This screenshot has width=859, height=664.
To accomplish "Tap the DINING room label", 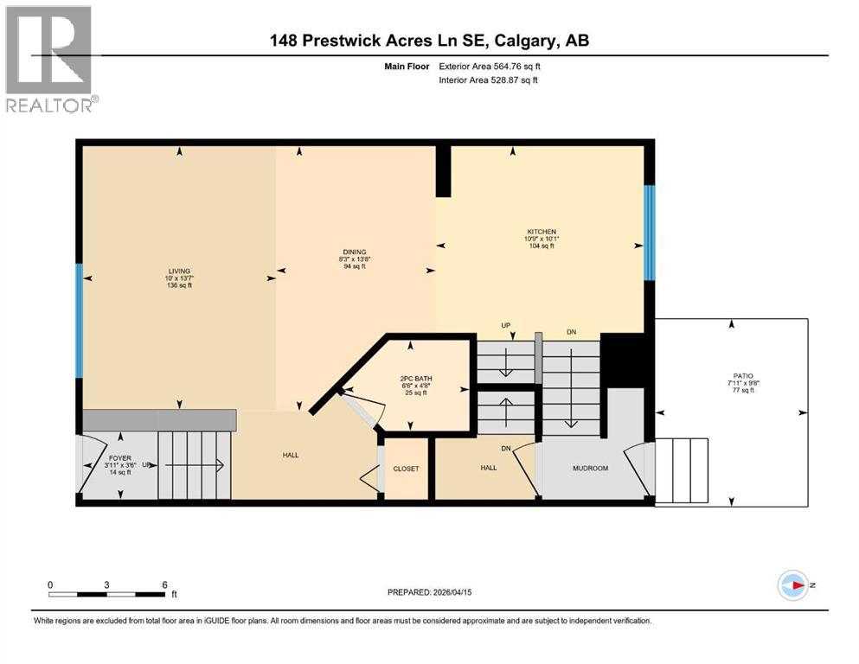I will click(351, 252).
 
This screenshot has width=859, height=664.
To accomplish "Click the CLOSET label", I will click(406, 469).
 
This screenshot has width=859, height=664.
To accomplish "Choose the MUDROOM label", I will click(591, 469).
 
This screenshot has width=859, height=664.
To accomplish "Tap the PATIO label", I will click(732, 376).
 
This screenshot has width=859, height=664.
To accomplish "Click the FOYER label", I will click(119, 458).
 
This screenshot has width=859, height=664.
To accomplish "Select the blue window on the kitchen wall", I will click(649, 232).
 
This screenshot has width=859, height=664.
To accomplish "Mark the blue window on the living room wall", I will click(79, 321).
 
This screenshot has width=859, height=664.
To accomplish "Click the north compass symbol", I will click(793, 585).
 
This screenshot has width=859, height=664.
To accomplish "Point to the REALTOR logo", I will click(49, 59).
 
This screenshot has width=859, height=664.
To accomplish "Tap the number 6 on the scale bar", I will click(164, 584).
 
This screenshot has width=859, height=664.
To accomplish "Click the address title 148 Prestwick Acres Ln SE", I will click(429, 41).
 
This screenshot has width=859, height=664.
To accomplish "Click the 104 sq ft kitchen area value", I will click(542, 246).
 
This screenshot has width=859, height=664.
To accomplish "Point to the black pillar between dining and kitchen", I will click(443, 171).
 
